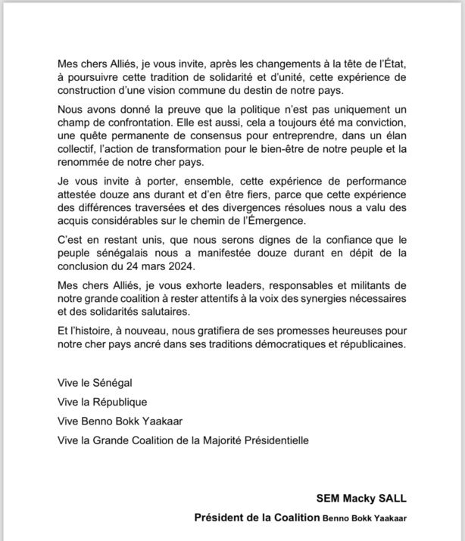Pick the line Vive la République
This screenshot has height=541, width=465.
102,402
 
